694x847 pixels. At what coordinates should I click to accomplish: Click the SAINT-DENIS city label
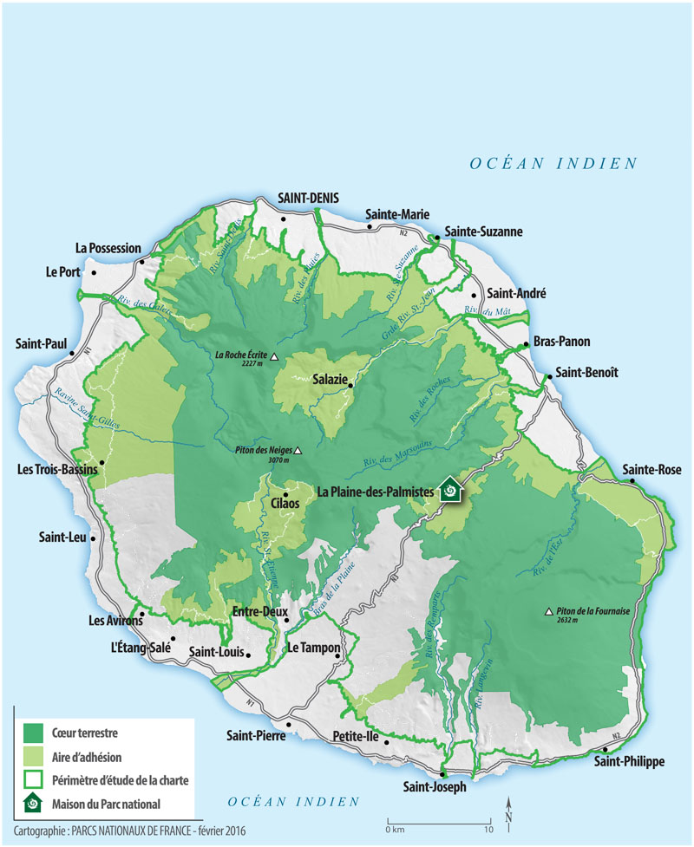point(308,198)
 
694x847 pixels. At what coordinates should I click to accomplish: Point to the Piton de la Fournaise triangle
point(548,611)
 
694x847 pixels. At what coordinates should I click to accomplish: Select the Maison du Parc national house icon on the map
point(450,492)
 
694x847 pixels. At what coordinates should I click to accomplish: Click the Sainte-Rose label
point(651,470)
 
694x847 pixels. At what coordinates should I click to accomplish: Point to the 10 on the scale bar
point(489,830)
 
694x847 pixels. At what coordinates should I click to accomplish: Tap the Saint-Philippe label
point(629,761)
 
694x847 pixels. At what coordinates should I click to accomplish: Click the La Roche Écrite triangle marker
point(274,356)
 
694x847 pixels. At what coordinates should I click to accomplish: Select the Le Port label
point(62,272)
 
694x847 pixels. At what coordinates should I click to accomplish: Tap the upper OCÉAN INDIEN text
point(553,163)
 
